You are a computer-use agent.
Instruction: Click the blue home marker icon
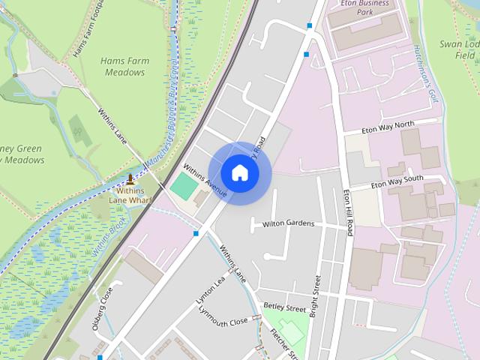tap(239, 172)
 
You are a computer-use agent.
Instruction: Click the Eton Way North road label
tap(387, 127)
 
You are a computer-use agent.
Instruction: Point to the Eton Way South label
tap(397, 182)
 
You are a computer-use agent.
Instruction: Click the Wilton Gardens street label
tap(288, 224)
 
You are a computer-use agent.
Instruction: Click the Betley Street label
tap(284, 307)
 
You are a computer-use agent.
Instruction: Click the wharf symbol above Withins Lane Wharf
tap(131, 178)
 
